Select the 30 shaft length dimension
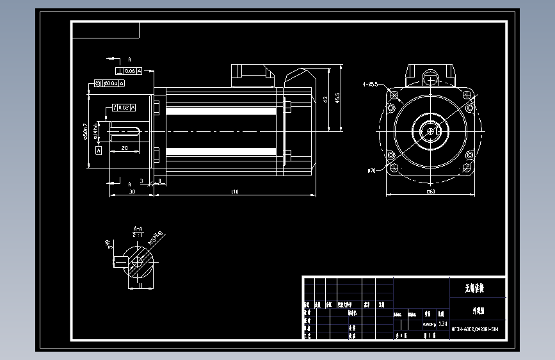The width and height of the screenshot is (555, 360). pyautogui.click(x=132, y=192)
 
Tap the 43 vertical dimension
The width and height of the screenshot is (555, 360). pyautogui.click(x=325, y=99)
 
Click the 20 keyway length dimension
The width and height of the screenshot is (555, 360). pyautogui.click(x=124, y=148)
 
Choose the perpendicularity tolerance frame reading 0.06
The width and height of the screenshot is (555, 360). pyautogui.click(x=128, y=71)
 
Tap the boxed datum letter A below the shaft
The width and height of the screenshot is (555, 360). pyautogui.click(x=98, y=150)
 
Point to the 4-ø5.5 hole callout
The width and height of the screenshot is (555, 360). pyautogui.click(x=370, y=84)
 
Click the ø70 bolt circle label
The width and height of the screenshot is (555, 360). pyautogui.click(x=371, y=171)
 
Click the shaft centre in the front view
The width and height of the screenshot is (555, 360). pyautogui.click(x=430, y=131)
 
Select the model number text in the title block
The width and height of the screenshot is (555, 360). pyautogui.click(x=474, y=329)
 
